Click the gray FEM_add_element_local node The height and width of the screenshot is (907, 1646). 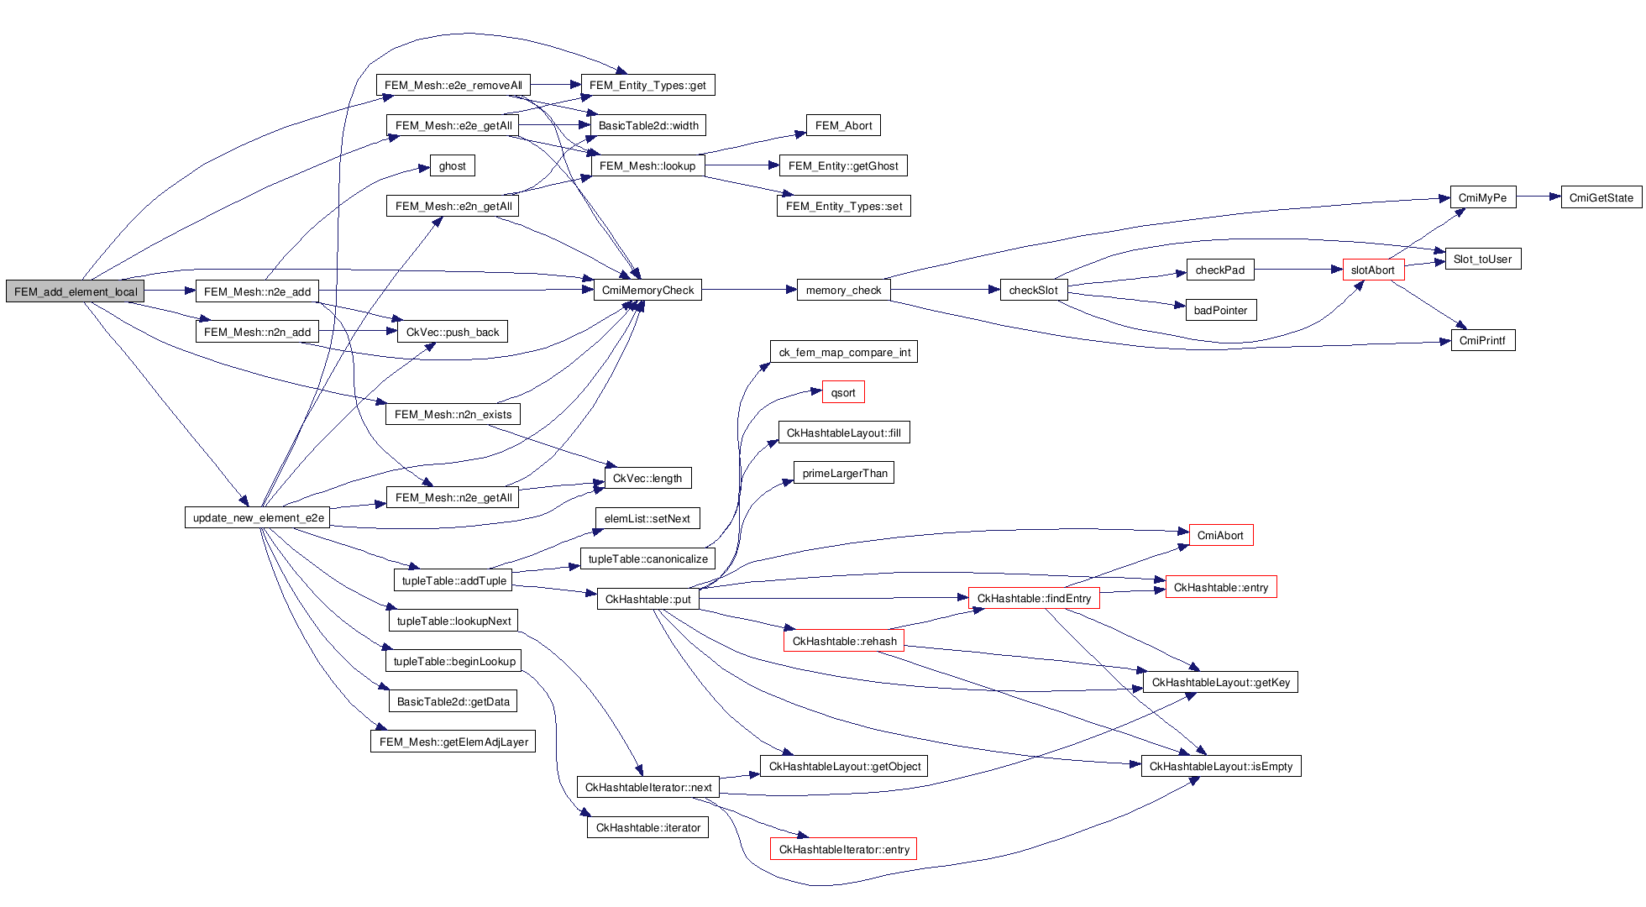(76, 291)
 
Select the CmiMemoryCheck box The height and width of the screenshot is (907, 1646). (647, 291)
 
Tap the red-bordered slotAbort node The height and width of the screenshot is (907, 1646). (1373, 270)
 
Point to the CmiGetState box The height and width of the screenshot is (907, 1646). (1601, 198)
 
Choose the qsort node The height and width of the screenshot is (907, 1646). (843, 392)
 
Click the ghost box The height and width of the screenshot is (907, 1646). (452, 165)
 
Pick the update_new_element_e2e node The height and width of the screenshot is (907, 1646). (257, 517)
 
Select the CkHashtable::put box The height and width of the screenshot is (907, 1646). (647, 599)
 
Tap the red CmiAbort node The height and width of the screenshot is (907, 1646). (1220, 535)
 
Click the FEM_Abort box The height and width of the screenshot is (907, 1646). (843, 125)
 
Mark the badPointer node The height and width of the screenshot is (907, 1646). (1220, 310)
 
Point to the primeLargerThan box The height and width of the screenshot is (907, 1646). (844, 473)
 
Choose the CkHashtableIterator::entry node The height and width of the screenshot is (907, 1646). (843, 849)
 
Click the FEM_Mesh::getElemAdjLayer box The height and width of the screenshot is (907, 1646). (453, 742)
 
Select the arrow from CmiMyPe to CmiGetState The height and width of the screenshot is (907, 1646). (1539, 197)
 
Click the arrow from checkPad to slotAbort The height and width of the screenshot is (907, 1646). (1298, 270)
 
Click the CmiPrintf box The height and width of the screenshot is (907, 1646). (1482, 340)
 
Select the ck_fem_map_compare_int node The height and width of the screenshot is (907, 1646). (844, 352)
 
